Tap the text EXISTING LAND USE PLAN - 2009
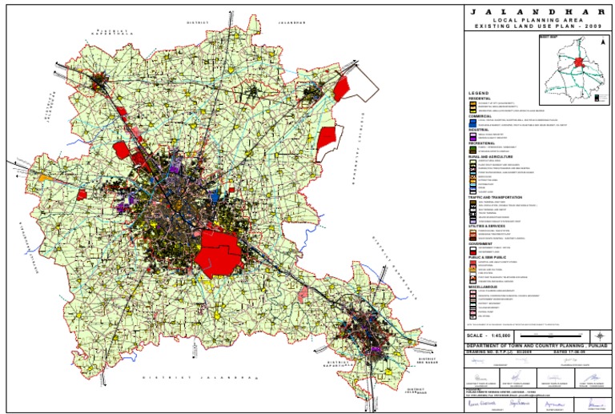click(537, 26)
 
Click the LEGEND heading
click(478, 94)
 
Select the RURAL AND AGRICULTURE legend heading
click(490, 156)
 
